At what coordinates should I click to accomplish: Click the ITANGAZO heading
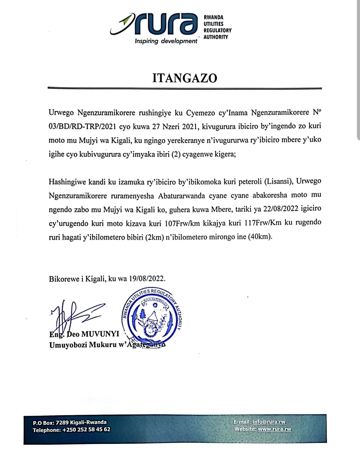coord(185,78)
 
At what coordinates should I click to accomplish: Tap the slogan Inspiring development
coord(166,41)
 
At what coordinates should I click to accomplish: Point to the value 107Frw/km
coord(183,223)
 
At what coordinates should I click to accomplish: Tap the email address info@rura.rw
coord(269,422)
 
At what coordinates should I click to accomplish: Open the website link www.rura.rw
coord(274,429)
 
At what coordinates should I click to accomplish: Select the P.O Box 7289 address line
coord(70,422)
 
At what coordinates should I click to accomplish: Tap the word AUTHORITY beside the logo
coord(216,37)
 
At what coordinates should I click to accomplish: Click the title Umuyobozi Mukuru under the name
coord(83,345)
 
